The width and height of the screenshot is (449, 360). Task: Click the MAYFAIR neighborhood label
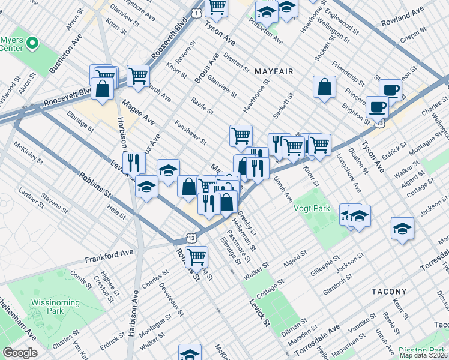(x=273, y=71)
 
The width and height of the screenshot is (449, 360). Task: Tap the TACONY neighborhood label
(x=390, y=291)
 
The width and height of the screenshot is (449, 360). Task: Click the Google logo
(x=20, y=353)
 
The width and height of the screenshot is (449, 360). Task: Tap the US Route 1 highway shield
(x=196, y=12)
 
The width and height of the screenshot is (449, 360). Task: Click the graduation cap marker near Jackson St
(x=402, y=229)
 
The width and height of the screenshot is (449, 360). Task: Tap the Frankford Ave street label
(x=109, y=257)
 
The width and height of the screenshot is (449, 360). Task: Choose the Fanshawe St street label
(x=190, y=133)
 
